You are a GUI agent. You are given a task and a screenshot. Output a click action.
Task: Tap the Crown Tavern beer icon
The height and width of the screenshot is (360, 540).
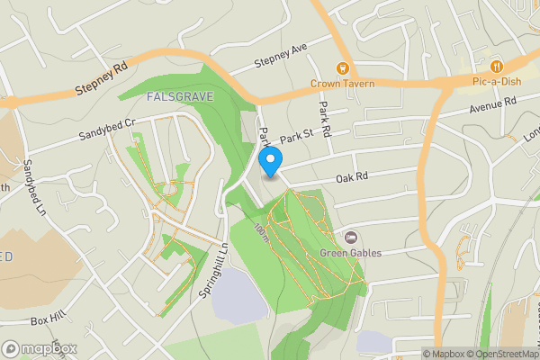(342, 67)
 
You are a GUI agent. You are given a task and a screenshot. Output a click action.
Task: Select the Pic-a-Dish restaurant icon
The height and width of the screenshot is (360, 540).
(497, 67)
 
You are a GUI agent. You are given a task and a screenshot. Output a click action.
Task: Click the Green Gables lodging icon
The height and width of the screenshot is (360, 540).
(349, 238)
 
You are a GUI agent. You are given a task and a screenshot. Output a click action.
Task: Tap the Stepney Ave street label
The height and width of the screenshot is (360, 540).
(281, 54)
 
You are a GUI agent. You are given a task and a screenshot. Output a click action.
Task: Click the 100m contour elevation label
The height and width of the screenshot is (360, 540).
(261, 232)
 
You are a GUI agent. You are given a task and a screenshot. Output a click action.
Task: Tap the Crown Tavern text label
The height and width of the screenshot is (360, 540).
(341, 83)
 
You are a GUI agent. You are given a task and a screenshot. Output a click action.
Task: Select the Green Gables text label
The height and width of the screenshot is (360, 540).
(351, 253)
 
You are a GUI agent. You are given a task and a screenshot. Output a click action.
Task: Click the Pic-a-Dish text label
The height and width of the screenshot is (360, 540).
(497, 82)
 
